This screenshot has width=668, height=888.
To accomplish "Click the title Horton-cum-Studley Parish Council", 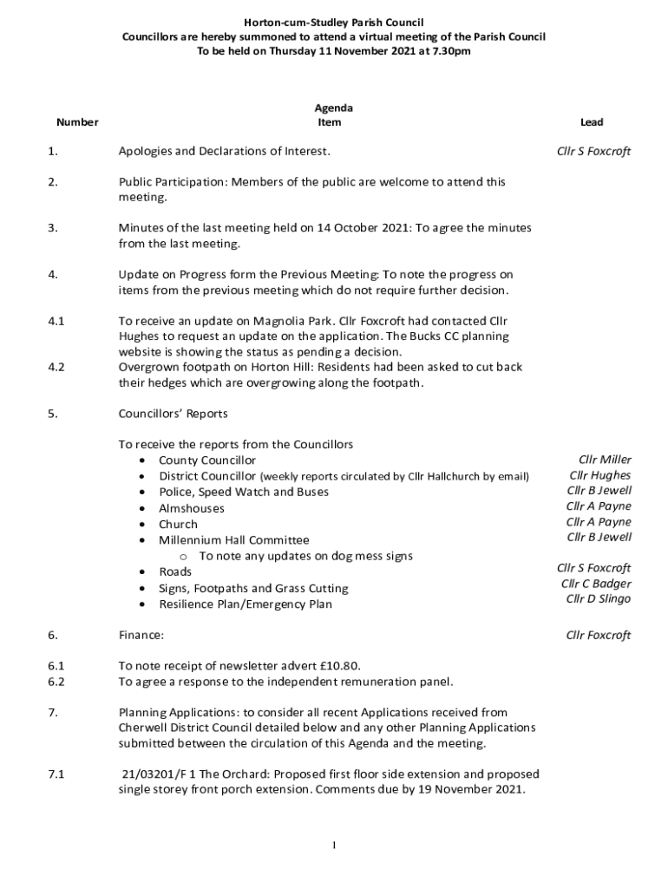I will (x=333, y=22).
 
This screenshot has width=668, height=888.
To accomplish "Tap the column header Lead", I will (x=592, y=122).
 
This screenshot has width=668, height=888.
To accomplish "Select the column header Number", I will (x=76, y=122).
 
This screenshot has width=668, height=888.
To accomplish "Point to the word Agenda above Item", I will (x=333, y=108).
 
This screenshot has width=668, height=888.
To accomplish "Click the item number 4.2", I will (x=56, y=367).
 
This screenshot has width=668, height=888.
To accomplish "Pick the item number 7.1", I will (x=56, y=774).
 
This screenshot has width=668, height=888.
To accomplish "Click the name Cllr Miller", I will (x=605, y=460).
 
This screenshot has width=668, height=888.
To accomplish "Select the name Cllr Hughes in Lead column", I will (x=600, y=475).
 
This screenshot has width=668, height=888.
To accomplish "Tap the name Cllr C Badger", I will (x=596, y=584).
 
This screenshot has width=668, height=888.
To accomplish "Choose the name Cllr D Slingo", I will (x=599, y=599).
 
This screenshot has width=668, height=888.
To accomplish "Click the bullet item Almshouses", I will (x=191, y=508).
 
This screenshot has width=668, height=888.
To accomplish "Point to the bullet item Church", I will (x=178, y=525).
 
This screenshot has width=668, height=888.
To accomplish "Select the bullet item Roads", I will (x=175, y=572).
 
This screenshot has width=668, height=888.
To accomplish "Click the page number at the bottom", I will (x=334, y=846).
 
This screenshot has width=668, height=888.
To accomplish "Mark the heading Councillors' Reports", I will (x=173, y=414).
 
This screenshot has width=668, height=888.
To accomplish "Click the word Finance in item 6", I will (x=141, y=636).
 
